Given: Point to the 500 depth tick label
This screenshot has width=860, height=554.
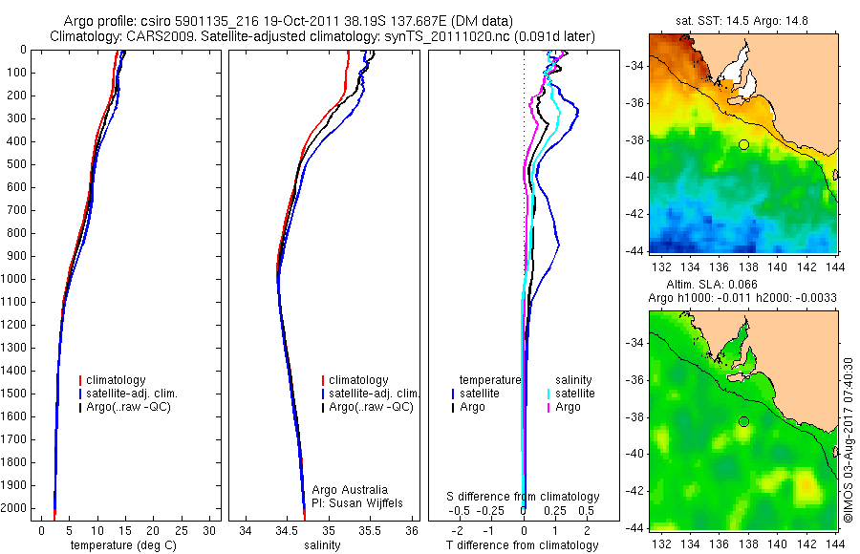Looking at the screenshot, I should pos(17,164).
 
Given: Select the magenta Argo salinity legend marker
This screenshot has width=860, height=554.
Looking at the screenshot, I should pos(548,408).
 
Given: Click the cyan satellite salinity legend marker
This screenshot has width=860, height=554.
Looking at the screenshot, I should pos(548,394).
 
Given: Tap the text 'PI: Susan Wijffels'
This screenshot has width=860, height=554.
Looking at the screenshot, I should pos(357,503).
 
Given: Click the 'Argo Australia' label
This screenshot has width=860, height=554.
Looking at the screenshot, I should pos(351,490).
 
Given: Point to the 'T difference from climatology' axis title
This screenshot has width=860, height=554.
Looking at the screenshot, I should pos(524,545).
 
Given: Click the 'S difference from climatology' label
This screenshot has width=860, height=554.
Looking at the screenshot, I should pos(524,498).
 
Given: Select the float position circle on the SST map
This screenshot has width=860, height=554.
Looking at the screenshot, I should pos(743,144).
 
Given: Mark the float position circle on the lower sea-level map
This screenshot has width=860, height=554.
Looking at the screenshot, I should pos(743,421).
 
